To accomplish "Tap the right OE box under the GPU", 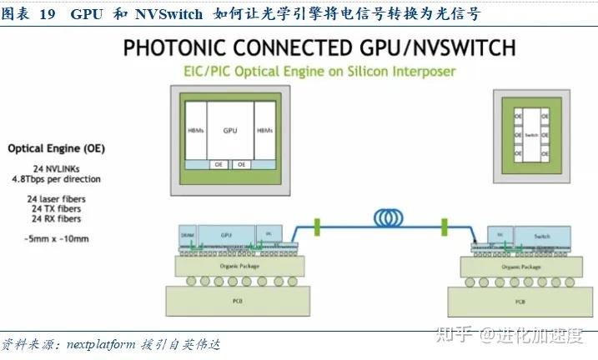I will click(x=242, y=164).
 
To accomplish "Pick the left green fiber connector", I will click(x=318, y=225).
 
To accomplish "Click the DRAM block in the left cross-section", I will click(x=188, y=237).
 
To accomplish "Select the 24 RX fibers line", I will click(x=56, y=219).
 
